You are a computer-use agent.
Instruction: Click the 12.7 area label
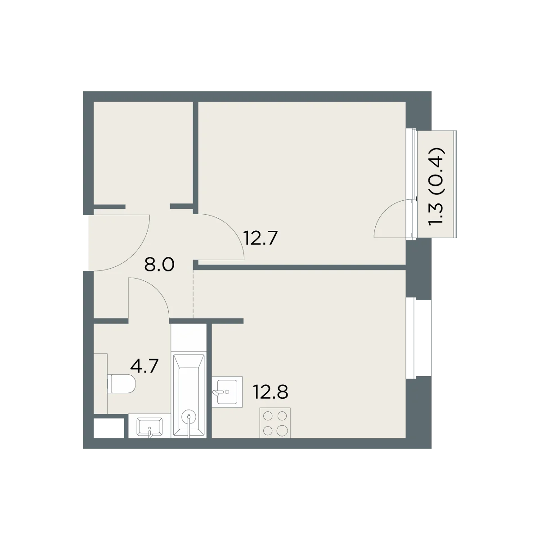point(261,238)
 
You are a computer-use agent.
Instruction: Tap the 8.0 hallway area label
point(159,265)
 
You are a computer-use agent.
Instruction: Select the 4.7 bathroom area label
point(144,366)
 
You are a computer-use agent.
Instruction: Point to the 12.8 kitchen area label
point(270,391)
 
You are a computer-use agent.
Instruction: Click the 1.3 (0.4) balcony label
point(437,185)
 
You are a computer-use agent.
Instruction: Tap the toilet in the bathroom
point(121,384)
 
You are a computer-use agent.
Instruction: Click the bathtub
point(189,396)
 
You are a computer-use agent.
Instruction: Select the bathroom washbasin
point(149,427)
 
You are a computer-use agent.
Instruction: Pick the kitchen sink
point(227,391)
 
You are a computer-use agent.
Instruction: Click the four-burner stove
point(275,423)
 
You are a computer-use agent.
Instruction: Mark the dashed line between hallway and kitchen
point(193,294)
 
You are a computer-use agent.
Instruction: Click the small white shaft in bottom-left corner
point(109,428)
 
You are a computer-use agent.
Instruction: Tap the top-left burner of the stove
point(268,416)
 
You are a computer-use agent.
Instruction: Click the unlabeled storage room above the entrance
point(143,153)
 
